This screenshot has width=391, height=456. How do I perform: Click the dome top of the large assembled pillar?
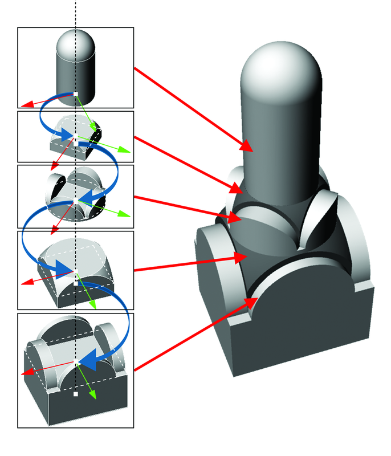(x=279, y=68)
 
